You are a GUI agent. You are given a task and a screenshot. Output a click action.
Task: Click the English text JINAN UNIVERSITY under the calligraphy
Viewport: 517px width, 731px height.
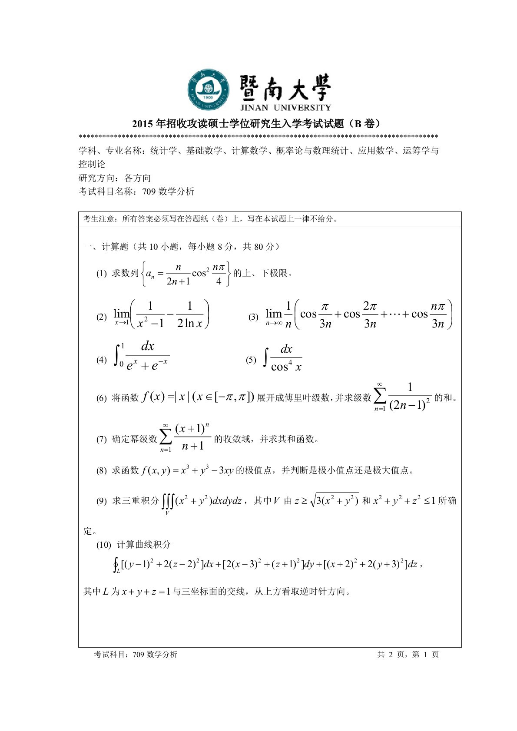point(285,107)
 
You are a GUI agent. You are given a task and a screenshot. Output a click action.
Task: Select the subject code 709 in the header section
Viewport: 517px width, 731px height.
point(149,192)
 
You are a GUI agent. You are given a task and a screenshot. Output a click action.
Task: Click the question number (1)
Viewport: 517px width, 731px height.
point(101,274)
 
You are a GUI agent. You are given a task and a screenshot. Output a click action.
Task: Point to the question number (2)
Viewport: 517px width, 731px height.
point(101,317)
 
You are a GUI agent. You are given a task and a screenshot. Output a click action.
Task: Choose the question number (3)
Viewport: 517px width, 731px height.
point(253,317)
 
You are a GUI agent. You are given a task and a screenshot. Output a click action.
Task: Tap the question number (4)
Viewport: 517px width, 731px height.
point(101,360)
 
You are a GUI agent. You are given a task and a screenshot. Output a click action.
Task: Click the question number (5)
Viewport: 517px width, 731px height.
point(251,360)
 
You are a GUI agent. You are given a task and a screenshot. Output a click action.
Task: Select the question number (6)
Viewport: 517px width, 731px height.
point(101,398)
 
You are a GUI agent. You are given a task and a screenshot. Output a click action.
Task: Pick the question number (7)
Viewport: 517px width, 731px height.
point(101,439)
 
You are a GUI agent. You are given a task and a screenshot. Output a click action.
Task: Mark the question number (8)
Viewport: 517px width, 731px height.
point(101,470)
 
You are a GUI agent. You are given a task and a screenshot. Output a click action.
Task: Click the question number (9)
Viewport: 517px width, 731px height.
point(101,501)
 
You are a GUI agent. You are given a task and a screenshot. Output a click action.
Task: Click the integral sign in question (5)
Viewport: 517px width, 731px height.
point(265,359)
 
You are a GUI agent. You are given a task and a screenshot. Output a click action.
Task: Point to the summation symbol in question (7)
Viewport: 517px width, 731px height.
point(166,437)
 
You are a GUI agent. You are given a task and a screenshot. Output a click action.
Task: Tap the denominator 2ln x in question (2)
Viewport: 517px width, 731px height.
point(189,324)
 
